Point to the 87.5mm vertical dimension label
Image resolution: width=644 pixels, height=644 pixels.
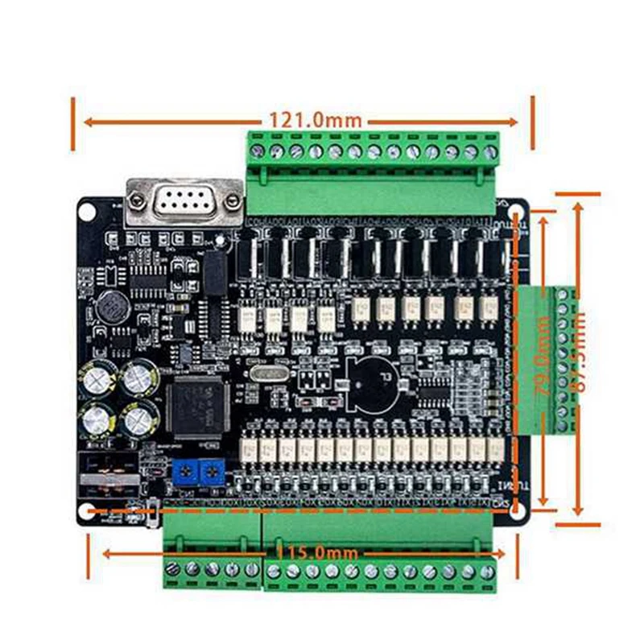click(x=576, y=354)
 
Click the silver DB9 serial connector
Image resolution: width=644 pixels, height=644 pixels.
click(x=184, y=201)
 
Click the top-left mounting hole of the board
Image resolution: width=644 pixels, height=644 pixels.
click(x=87, y=211)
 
